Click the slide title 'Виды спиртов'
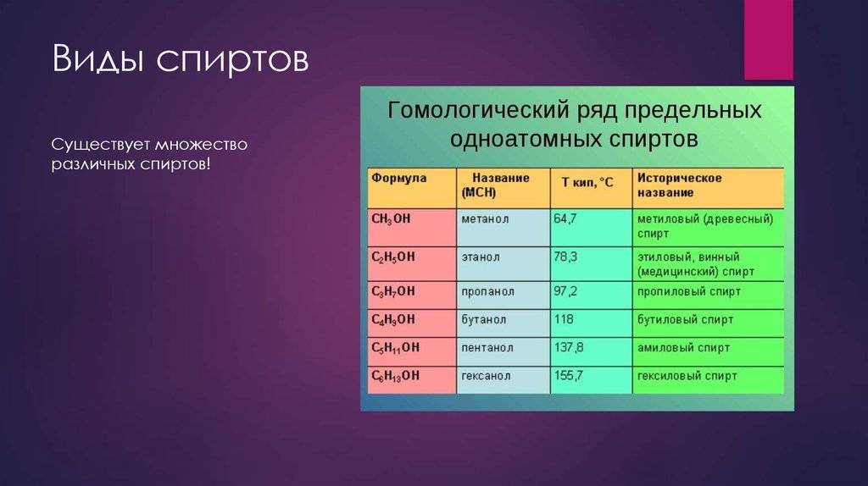click(x=181, y=60)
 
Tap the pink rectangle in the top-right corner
click(x=768, y=40)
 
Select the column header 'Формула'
click(x=398, y=179)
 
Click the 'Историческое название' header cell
click(x=679, y=185)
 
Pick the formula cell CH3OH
click(x=391, y=219)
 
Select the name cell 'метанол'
click(x=485, y=219)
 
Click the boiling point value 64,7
click(x=565, y=219)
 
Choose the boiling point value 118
click(x=563, y=319)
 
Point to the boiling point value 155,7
click(x=568, y=375)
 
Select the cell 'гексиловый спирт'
click(x=687, y=375)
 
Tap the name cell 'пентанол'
click(x=487, y=348)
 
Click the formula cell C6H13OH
click(x=395, y=376)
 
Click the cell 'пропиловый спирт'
click(x=688, y=291)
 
